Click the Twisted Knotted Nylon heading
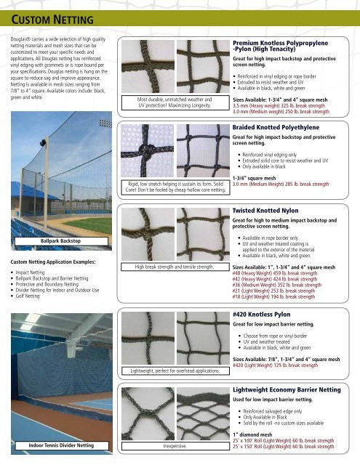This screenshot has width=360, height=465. pos(267,210)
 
